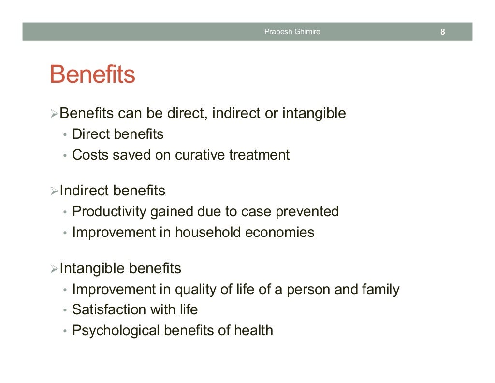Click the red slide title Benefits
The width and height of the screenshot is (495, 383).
(92, 75)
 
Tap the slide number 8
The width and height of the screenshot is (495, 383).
(442, 32)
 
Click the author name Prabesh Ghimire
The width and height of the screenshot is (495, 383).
(292, 32)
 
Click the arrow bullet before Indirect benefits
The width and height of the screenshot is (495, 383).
(54, 191)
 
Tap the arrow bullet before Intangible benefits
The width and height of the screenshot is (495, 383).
(54, 268)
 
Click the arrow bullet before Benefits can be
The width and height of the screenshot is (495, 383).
(54, 114)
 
